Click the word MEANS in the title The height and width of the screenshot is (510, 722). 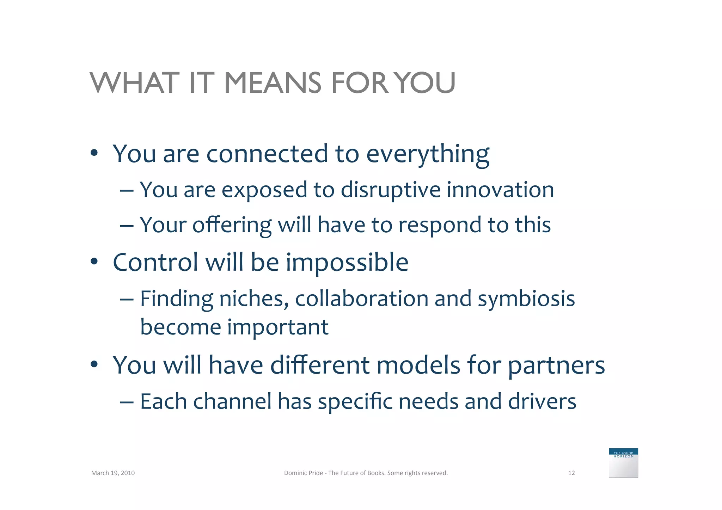(273, 83)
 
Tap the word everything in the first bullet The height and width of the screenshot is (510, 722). (428, 154)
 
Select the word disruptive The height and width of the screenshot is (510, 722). (391, 190)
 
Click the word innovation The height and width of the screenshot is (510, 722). (500, 190)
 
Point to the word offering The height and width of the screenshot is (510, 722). (232, 226)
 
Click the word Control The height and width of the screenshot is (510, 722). (155, 263)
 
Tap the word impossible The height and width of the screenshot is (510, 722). (347, 263)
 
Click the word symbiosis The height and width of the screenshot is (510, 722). (526, 300)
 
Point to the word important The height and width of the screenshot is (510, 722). (278, 328)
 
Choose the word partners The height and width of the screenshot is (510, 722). (556, 366)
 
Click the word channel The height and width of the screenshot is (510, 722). (232, 401)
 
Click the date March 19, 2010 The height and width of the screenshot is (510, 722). (113, 473)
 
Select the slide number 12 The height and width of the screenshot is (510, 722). (571, 473)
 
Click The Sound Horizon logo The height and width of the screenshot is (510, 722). (623, 463)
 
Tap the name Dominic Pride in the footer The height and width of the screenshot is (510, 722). (303, 473)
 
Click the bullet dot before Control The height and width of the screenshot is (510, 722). (94, 262)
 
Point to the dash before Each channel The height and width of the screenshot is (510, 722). (127, 402)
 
